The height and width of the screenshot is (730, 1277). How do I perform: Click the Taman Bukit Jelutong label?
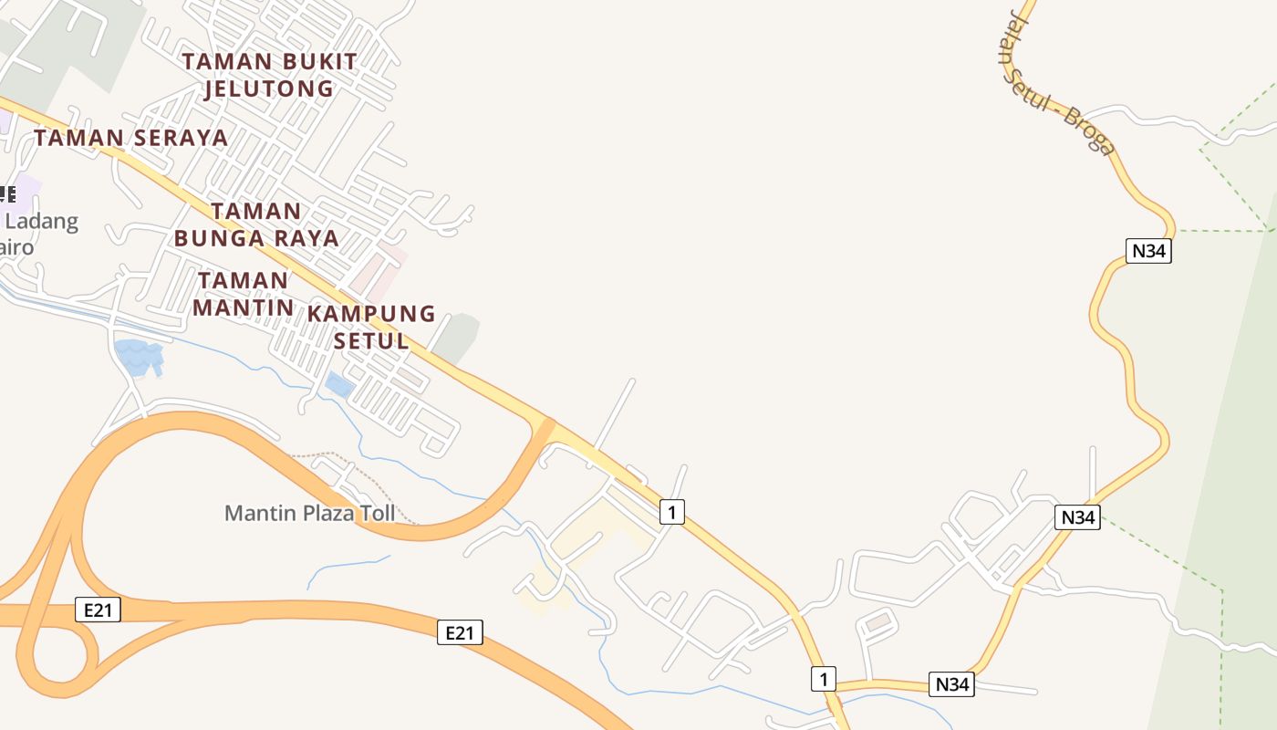coord(269,75)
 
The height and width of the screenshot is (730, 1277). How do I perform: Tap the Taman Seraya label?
coord(131,138)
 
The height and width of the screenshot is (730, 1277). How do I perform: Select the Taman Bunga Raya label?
coord(256,224)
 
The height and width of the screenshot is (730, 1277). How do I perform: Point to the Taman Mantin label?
coord(243,293)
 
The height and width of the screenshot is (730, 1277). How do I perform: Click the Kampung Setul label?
coord(371,327)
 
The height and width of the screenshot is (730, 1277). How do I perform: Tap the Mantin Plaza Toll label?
coord(310,513)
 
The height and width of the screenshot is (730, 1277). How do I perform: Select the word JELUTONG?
coord(269,89)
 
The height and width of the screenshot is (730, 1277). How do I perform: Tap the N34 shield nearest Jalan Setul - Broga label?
coord(1148,251)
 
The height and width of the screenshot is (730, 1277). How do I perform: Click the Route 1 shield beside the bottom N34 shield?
coord(823,679)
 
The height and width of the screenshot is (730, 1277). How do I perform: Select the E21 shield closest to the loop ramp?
coord(97,610)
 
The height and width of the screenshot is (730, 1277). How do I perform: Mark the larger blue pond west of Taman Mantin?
coord(137,357)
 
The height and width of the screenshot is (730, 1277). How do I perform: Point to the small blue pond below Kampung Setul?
coord(339,384)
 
